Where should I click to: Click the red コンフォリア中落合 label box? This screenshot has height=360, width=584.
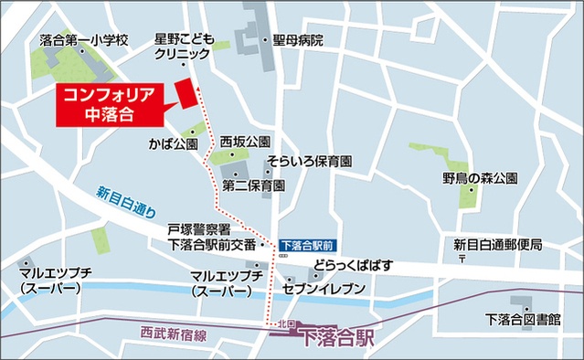110,103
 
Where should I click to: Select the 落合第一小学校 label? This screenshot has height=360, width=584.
85,40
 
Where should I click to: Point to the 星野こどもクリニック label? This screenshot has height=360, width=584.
183,47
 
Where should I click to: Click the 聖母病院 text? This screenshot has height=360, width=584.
298,40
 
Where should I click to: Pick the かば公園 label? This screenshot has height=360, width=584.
173,145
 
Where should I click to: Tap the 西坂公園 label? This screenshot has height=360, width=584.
245,143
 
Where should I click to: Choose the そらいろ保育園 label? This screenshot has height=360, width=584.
310,162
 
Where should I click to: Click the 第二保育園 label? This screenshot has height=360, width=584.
254,185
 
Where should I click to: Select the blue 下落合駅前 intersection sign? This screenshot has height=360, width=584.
308,245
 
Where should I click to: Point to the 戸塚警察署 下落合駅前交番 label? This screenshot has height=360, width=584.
212,237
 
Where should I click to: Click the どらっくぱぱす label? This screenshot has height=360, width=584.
352,265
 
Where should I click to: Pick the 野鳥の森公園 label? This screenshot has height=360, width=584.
481,177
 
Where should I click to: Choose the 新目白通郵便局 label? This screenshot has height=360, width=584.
498,244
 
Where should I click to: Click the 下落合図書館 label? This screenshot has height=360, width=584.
524,319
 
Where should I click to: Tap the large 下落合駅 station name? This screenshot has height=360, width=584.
337,338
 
